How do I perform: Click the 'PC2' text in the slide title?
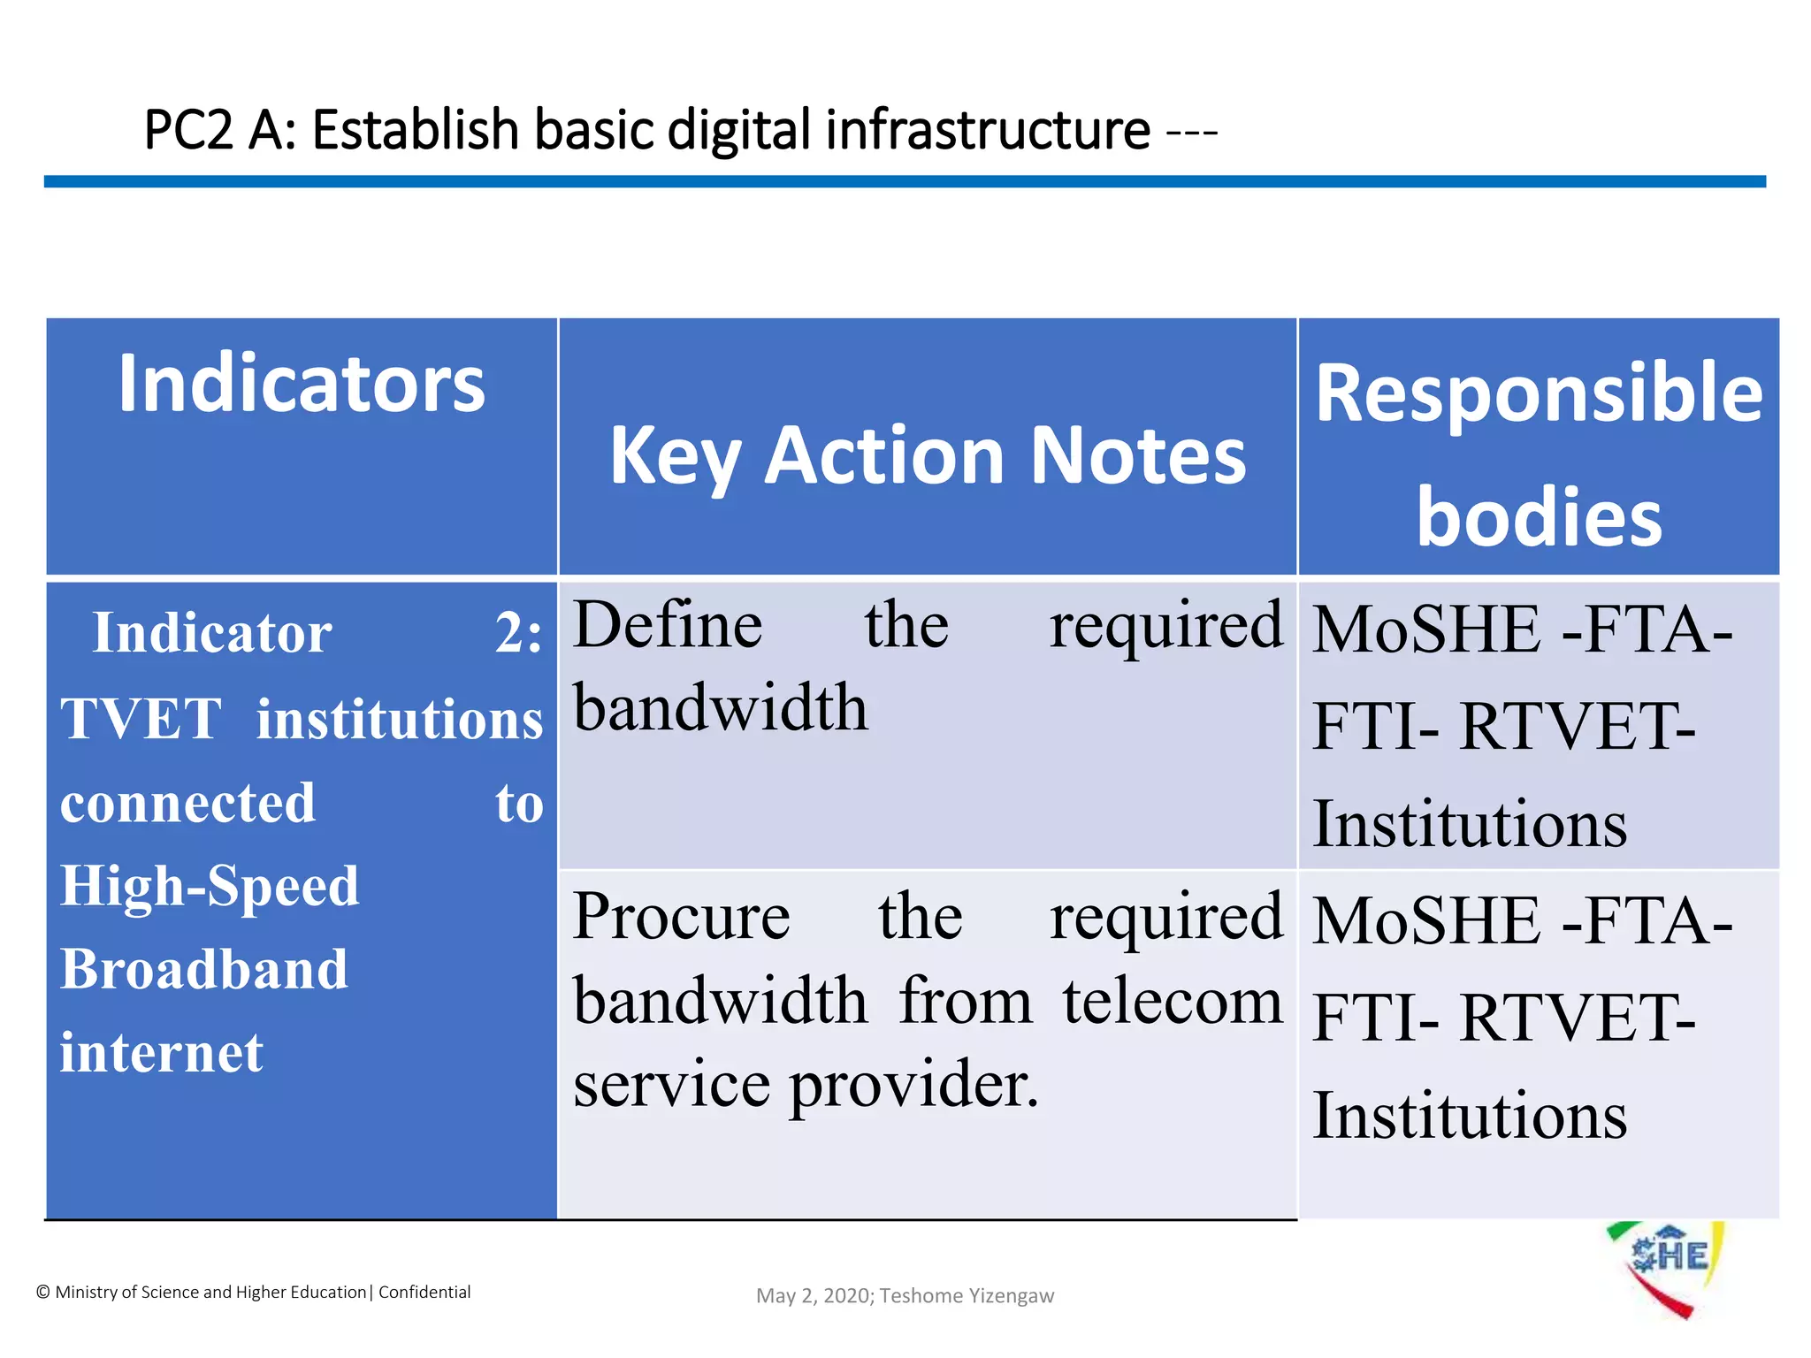[188, 131]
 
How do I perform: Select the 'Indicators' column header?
[302, 384]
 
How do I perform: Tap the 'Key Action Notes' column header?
[928, 456]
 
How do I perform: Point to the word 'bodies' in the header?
[1539, 517]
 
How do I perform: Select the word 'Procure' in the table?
[681, 917]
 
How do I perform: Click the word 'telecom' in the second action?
[1172, 1002]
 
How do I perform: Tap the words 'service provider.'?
[806, 1085]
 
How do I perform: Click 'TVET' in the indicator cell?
[141, 718]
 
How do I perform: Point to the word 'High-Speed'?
[210, 886]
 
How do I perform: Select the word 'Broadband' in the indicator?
[204, 969]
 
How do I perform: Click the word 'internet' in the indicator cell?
[162, 1053]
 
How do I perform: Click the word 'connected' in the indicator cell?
[187, 803]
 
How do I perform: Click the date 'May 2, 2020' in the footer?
[814, 1296]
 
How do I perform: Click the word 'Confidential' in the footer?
[424, 1293]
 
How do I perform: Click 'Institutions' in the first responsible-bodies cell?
[1469, 824]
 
